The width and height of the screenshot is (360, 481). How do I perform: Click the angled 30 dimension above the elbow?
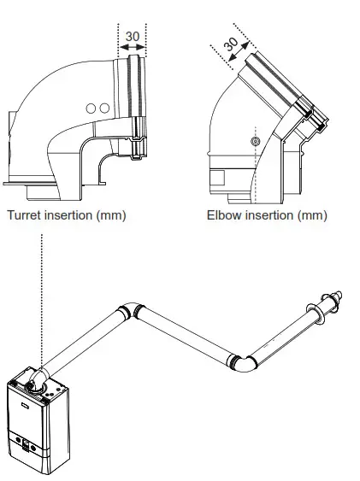(x=230, y=44)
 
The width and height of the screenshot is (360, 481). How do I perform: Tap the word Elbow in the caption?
(x=224, y=215)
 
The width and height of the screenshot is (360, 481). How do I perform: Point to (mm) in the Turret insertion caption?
(x=111, y=215)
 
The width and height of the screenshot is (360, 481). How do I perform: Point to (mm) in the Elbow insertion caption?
(x=312, y=215)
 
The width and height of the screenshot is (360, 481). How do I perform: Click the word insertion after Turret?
(x=69, y=215)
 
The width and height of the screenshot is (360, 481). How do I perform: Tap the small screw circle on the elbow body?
(x=254, y=139)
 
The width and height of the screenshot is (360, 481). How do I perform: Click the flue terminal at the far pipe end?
(x=328, y=304)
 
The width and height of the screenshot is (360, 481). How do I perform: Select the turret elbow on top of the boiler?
(x=38, y=378)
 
